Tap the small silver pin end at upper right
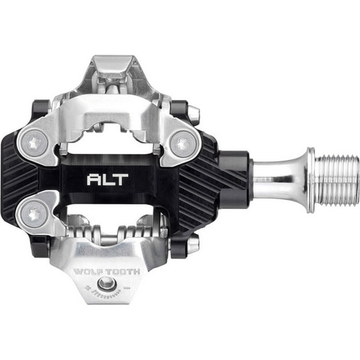pos(193,112)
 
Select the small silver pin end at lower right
pos(193,245)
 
